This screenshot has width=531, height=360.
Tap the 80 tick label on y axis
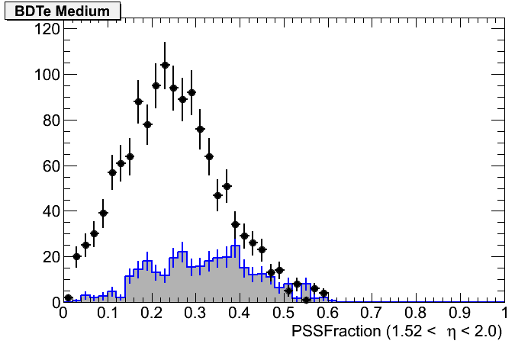47,121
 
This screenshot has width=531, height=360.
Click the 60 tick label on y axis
47,166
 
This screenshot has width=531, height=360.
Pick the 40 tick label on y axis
47,211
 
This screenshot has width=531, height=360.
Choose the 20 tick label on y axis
47,257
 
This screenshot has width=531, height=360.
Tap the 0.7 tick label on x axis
372,313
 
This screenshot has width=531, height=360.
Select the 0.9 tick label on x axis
461,313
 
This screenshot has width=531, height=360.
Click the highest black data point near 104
165,65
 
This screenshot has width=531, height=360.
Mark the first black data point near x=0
68,298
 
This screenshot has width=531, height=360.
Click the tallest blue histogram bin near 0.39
235,247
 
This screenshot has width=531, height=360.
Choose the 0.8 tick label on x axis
417,313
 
